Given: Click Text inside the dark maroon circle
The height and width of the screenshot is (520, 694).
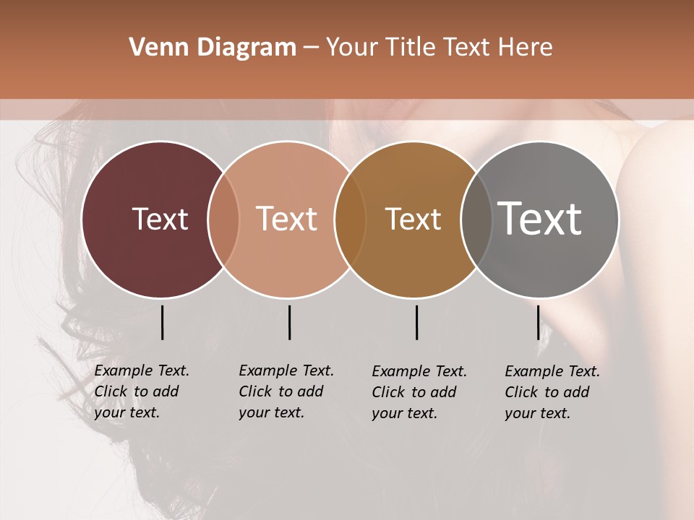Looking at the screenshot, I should click(x=160, y=219).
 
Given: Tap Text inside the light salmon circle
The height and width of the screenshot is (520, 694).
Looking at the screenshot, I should click(x=286, y=219).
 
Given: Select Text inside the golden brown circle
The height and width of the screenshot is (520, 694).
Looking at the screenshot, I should click(x=413, y=219).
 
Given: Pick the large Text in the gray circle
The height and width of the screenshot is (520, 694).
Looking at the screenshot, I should click(x=540, y=219).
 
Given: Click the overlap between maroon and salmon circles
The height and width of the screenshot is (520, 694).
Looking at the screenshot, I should click(x=223, y=220).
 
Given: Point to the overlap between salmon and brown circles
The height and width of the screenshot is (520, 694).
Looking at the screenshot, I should click(x=350, y=220).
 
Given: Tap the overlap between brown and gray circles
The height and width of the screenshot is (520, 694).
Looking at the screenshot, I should click(x=476, y=220).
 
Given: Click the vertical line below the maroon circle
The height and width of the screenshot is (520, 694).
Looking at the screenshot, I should click(x=163, y=322).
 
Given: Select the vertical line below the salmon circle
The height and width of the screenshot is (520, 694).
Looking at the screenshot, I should click(x=289, y=322).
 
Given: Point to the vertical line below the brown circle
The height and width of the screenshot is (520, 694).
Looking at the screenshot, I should click(x=416, y=322).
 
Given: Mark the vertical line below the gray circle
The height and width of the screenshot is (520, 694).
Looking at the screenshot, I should click(x=538, y=322).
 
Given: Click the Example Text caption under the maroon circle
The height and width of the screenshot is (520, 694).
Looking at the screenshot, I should click(x=142, y=391).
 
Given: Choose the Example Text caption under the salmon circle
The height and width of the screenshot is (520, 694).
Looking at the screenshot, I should click(x=286, y=391).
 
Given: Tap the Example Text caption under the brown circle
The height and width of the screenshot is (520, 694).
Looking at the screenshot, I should click(x=419, y=392).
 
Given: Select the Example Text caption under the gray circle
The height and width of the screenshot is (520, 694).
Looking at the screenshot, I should click(x=552, y=392).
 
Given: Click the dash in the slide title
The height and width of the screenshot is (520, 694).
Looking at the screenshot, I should click(x=310, y=48).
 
